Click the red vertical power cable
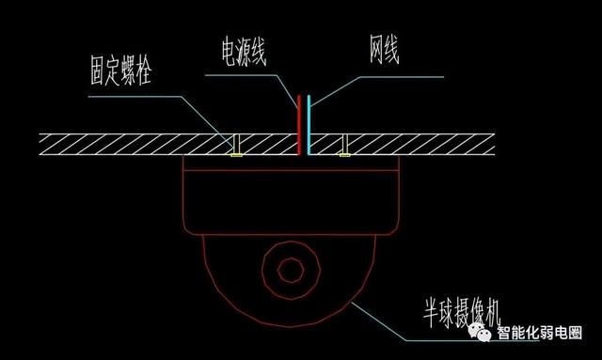pos(300,122)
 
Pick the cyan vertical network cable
pos(309,122)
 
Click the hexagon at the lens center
pos(292,269)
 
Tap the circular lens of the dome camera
pos(292,269)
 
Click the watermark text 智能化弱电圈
pos(539,334)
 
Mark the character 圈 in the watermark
pos(574,334)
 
